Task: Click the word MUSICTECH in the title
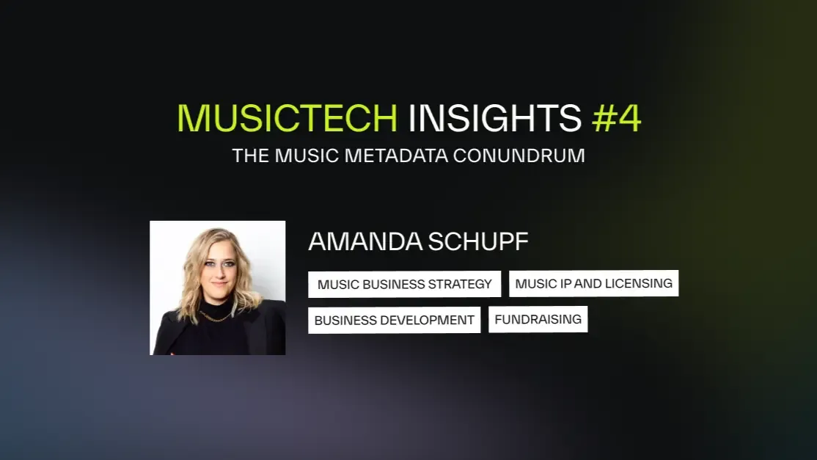[x=287, y=118]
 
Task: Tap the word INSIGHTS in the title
[x=495, y=118]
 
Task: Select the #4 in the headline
[x=616, y=118]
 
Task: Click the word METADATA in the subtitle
[x=400, y=156]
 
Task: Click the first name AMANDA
[x=364, y=241]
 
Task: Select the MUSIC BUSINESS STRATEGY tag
[x=404, y=284]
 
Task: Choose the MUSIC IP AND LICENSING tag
[x=593, y=283]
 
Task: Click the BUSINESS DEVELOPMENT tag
[x=394, y=320]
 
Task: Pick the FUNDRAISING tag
[x=538, y=319]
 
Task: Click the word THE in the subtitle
[x=246, y=156]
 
